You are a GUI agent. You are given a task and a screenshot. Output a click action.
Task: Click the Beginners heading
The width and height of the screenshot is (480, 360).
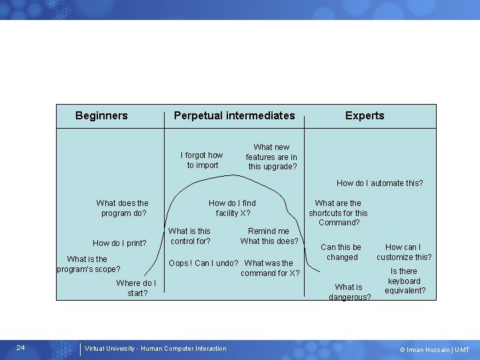click(x=101, y=116)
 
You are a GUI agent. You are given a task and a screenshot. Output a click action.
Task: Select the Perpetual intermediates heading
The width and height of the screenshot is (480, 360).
click(x=234, y=116)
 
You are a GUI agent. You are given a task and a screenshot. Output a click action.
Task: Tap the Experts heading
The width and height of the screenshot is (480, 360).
click(x=364, y=116)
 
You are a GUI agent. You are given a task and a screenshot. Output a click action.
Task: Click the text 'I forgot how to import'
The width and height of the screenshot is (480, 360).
click(x=202, y=160)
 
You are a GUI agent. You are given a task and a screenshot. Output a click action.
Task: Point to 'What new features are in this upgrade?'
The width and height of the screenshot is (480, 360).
click(x=272, y=157)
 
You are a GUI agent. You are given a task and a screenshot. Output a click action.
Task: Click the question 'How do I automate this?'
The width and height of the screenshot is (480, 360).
click(x=379, y=183)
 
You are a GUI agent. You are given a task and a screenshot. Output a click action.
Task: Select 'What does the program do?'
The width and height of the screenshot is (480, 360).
click(x=123, y=208)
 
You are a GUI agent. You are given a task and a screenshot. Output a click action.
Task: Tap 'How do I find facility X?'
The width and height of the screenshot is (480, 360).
click(x=232, y=208)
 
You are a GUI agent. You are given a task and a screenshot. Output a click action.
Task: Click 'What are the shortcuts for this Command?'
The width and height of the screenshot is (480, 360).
click(x=338, y=213)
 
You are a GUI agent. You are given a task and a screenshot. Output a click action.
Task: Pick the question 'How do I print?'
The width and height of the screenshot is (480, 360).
click(x=119, y=243)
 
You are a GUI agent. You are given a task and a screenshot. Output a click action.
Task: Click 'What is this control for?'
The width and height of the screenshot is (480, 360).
click(x=191, y=236)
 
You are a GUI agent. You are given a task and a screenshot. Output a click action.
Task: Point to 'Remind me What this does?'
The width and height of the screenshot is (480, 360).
click(x=269, y=236)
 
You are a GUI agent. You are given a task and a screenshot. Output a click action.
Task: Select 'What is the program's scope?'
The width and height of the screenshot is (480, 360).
click(x=88, y=264)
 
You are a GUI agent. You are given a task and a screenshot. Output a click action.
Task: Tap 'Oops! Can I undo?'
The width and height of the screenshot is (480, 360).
click(x=203, y=263)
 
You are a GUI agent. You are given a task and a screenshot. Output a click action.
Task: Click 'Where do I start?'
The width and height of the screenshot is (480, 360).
click(x=136, y=288)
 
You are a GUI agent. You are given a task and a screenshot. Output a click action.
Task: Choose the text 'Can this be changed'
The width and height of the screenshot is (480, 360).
click(x=341, y=252)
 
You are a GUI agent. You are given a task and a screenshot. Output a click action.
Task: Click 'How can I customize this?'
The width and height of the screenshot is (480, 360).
click(x=403, y=252)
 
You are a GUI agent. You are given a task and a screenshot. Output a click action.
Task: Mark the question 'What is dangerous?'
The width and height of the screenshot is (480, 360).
click(x=349, y=292)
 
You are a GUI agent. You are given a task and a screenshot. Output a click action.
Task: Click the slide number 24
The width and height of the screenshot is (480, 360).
click(x=21, y=348)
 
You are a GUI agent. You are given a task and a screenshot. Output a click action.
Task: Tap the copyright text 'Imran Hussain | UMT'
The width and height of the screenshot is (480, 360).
click(x=434, y=350)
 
